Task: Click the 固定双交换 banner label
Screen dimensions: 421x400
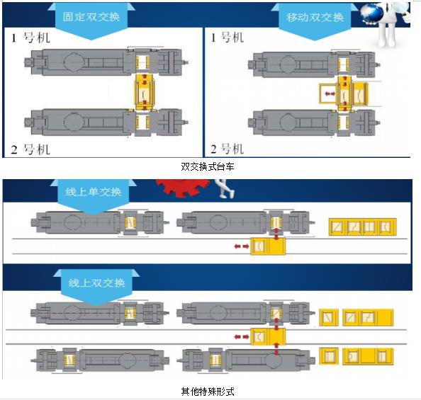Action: click(x=91, y=16)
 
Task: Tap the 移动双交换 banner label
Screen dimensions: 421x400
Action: click(x=315, y=17)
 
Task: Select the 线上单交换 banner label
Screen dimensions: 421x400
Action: click(x=93, y=192)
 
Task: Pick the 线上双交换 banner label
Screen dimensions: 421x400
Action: click(x=96, y=282)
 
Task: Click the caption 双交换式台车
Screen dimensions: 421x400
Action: click(x=208, y=166)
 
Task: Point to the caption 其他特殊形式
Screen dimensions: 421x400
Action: click(x=208, y=392)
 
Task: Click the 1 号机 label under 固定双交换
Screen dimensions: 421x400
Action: click(x=30, y=38)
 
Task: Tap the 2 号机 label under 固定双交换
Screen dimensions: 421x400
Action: click(x=30, y=149)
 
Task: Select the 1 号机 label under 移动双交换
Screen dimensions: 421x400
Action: click(x=227, y=38)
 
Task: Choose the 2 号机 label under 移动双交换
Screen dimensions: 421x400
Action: click(x=227, y=149)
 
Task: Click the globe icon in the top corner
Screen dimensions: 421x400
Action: click(x=372, y=13)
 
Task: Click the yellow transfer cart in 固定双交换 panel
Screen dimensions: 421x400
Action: click(x=145, y=92)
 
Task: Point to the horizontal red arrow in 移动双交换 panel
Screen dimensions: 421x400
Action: click(x=330, y=93)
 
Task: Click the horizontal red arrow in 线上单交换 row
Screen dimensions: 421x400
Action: click(x=242, y=246)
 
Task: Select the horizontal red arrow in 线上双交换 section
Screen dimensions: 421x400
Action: click(x=242, y=337)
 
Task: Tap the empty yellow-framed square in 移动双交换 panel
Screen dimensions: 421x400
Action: click(x=328, y=93)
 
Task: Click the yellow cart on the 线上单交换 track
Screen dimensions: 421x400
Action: click(x=268, y=246)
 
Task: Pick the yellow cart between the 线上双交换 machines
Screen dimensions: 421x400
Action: click(x=268, y=336)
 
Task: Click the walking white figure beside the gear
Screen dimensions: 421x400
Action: click(x=224, y=188)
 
